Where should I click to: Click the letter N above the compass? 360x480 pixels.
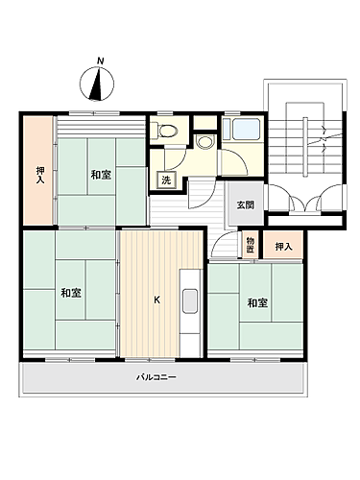click(100, 62)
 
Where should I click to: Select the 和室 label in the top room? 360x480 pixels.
click(100, 174)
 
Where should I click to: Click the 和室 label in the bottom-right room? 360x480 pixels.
click(255, 303)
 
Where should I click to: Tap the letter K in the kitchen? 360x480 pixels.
click(156, 300)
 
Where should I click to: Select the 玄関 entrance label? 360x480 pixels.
click(245, 204)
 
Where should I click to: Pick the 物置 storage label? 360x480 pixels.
click(250, 244)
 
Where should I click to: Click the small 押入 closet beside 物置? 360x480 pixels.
click(282, 247)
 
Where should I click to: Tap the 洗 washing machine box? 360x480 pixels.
click(165, 180)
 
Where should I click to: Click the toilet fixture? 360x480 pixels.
click(167, 131)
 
